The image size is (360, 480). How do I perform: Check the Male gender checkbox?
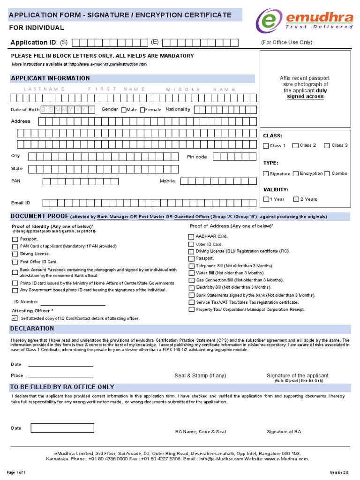click(x=124, y=110)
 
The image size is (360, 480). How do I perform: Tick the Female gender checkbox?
click(x=142, y=110)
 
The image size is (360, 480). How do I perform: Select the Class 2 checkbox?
click(x=295, y=145)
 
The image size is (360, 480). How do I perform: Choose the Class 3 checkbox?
click(x=327, y=145)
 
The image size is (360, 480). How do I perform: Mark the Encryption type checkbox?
click(x=296, y=173)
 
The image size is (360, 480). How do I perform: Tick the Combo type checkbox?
click(x=327, y=173)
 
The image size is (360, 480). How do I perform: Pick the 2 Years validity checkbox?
click(x=296, y=199)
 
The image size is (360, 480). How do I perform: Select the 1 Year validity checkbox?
click(x=266, y=199)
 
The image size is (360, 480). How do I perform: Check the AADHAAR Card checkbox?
click(x=191, y=237)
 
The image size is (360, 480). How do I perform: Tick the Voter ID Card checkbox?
click(x=191, y=244)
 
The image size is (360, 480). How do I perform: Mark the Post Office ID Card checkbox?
click(x=15, y=262)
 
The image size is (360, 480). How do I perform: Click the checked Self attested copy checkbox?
click(x=15, y=318)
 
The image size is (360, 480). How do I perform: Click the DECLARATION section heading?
click(x=32, y=329)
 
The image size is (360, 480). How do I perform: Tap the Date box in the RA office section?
click(x=62, y=428)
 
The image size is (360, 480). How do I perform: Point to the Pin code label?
click(x=197, y=157)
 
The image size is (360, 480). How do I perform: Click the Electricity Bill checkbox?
click(x=191, y=287)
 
